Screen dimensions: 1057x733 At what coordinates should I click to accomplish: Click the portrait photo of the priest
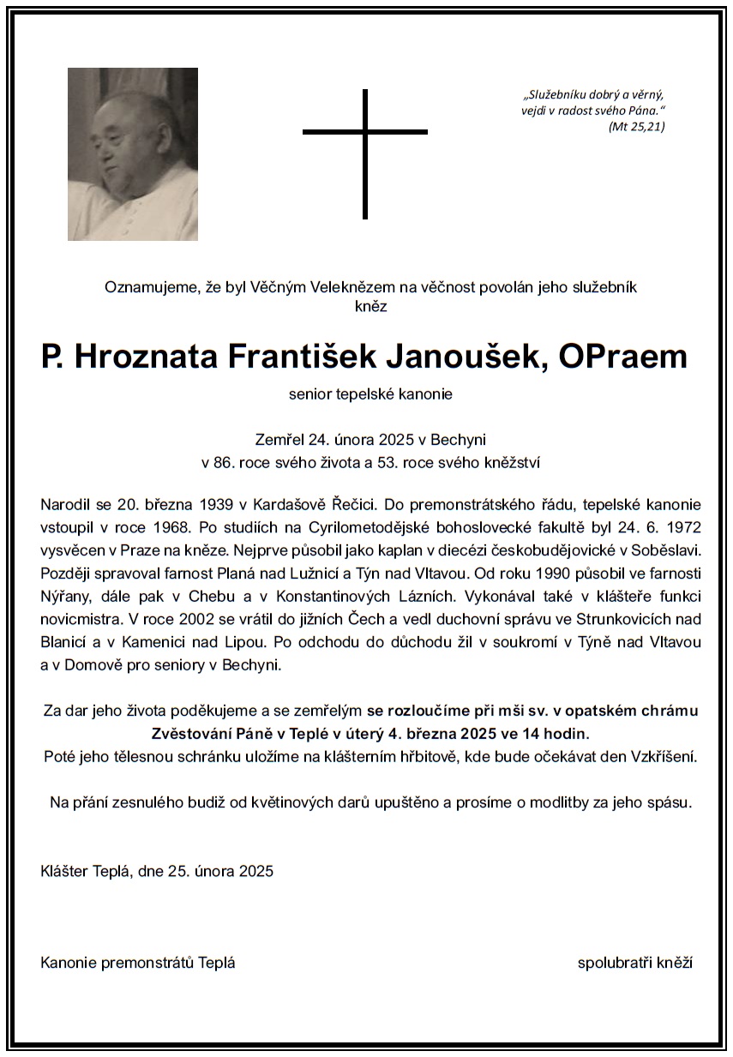click(x=133, y=154)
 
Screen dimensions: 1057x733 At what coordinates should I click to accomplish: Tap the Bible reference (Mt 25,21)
click(x=636, y=127)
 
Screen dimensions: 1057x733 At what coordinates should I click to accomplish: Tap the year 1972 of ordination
click(x=682, y=525)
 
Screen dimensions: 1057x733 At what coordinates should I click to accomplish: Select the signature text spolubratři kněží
click(x=634, y=963)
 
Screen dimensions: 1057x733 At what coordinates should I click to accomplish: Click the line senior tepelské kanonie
click(x=370, y=395)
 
